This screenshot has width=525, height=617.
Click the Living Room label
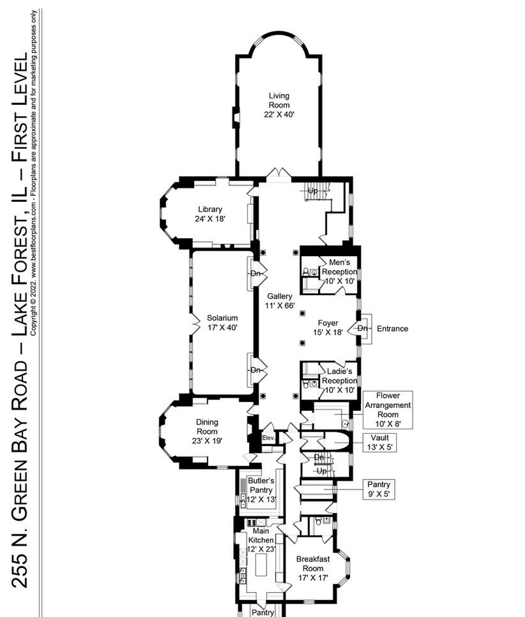[x=279, y=105]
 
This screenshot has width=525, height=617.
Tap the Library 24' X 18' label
[x=210, y=214]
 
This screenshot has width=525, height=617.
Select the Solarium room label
[x=222, y=323]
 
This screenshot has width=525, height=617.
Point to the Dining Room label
[x=207, y=431]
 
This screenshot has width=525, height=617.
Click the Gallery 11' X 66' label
[x=280, y=301]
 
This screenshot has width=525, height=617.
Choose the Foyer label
[x=328, y=327]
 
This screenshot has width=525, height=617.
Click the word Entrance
[x=392, y=328]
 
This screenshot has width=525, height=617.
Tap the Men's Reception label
[x=339, y=272]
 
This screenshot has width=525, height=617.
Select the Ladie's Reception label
[x=339, y=381]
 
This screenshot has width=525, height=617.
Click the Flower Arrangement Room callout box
[x=388, y=410]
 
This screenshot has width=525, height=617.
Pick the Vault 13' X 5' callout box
[x=379, y=442]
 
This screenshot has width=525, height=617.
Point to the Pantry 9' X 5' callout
[x=378, y=489]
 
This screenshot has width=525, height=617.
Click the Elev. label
[x=268, y=437]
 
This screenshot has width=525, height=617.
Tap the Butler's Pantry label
[x=261, y=490]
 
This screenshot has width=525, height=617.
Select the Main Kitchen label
[x=260, y=540]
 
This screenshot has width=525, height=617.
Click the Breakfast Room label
[x=313, y=568]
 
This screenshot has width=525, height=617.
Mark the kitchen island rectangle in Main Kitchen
[x=262, y=565]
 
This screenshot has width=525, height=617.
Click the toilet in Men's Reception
[x=306, y=272]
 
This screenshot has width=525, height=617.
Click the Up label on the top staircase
[x=312, y=191]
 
